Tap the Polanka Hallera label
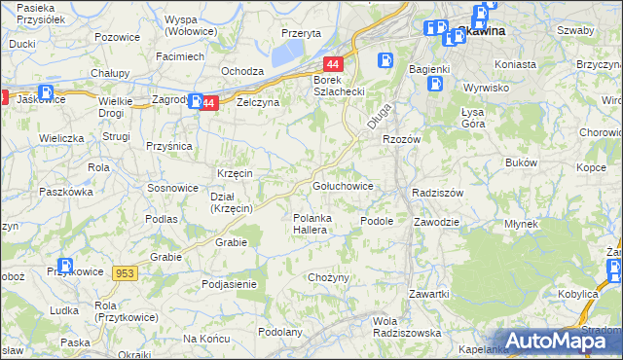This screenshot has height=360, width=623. coord(315,225)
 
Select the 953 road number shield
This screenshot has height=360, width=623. coord(126,275)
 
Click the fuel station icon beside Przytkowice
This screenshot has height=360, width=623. coord(65,266)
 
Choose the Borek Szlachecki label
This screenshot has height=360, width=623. coord(338,86)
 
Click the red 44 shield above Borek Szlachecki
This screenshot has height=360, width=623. coord(333,62)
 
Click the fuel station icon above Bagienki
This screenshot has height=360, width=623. coord(386,60)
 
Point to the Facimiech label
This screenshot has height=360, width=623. coord(180,56)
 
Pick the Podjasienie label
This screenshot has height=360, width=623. coord(229,284)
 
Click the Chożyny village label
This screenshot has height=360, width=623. coord(328,278)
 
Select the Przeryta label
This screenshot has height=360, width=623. coord(301,32)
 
